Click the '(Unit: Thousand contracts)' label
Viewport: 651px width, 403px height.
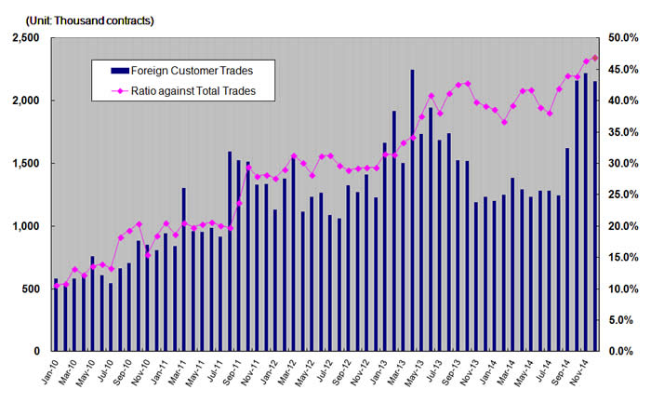click(x=83, y=20)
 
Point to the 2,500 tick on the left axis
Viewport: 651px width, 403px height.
click(x=25, y=37)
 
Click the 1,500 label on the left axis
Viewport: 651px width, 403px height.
click(x=25, y=163)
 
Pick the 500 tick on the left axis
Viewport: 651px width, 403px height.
click(x=30, y=289)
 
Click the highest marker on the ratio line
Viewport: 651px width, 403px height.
click(x=595, y=58)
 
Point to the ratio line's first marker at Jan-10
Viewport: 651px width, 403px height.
click(x=56, y=286)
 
